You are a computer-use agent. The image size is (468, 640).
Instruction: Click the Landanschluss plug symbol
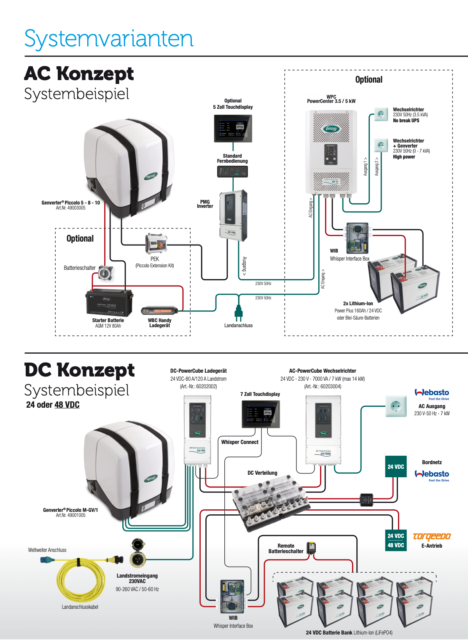pyautogui.click(x=238, y=313)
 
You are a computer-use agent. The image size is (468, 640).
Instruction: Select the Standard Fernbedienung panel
pyautogui.click(x=232, y=171)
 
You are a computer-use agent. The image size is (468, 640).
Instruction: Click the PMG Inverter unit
pyautogui.click(x=233, y=215)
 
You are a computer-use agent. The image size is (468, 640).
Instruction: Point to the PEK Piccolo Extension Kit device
pyautogui.click(x=156, y=244)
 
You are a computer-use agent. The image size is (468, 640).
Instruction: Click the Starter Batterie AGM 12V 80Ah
pyautogui.click(x=109, y=303)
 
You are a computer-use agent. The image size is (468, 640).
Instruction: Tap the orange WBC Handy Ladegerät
pyautogui.click(x=159, y=311)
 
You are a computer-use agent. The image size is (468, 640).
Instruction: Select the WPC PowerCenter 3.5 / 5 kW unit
pyautogui.click(x=331, y=152)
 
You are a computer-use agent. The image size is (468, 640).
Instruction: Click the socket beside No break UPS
pyautogui.click(x=381, y=114)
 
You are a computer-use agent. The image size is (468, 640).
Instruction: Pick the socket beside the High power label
pyautogui.click(x=381, y=145)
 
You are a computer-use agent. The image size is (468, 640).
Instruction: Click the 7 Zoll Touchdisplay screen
pyautogui.click(x=260, y=414)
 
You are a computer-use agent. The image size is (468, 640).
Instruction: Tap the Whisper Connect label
pyautogui.click(x=240, y=442)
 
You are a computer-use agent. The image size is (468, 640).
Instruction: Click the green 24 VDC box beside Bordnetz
pyautogui.click(x=396, y=467)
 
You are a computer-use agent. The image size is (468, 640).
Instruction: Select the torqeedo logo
pyautogui.click(x=432, y=536)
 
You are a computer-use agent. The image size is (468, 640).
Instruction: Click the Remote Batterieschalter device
pyautogui.click(x=311, y=548)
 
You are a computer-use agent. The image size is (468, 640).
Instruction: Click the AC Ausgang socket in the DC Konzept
pyautogui.click(x=395, y=406)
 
